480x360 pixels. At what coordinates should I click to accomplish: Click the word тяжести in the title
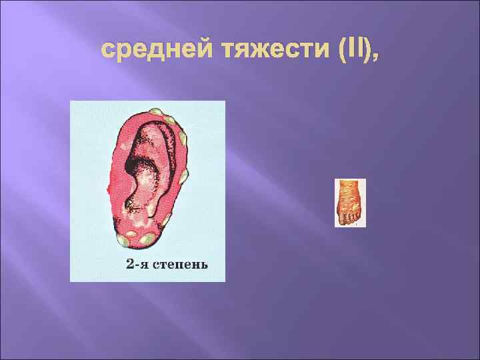click(253, 50)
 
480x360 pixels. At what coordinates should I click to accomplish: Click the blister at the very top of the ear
click(157, 112)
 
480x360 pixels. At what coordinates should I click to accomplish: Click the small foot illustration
click(350, 203)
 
